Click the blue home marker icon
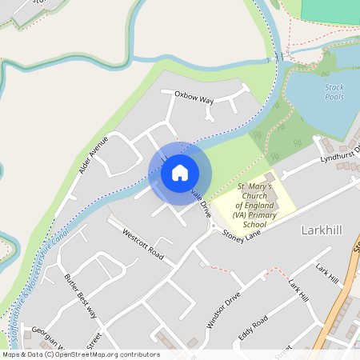(180, 172)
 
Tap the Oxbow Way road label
(195, 100)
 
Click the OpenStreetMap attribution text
(80, 354)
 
